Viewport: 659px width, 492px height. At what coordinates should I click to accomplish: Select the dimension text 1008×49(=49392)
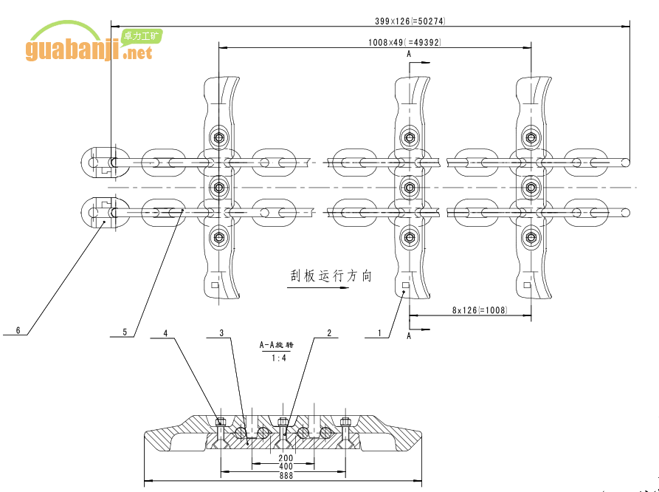pyautogui.click(x=404, y=42)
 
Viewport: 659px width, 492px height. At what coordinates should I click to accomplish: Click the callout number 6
pyautogui.click(x=18, y=329)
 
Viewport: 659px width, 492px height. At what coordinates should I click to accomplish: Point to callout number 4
pyautogui.click(x=165, y=333)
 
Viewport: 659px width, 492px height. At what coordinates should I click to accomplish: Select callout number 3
pyautogui.click(x=221, y=333)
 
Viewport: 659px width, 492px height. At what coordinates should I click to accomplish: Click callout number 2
pyautogui.click(x=328, y=333)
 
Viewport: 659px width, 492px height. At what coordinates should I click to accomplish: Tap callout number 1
pyautogui.click(x=379, y=333)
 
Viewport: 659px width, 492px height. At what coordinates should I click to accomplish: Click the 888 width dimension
pyautogui.click(x=286, y=476)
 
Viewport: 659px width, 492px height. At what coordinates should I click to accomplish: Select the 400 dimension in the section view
pyautogui.click(x=286, y=467)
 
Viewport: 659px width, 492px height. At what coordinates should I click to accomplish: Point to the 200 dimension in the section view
pyautogui.click(x=286, y=458)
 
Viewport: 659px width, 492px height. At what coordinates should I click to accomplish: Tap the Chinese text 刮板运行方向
pyautogui.click(x=331, y=276)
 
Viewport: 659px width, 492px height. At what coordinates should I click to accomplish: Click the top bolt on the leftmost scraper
pyautogui.click(x=218, y=137)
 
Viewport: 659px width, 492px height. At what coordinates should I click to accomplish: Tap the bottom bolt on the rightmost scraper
pyautogui.click(x=530, y=238)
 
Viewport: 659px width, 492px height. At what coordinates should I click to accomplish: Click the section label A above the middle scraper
pyautogui.click(x=409, y=54)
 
